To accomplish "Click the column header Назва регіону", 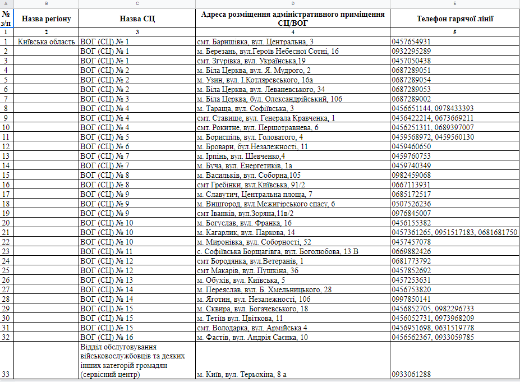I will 46,19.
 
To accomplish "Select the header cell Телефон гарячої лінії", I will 455,19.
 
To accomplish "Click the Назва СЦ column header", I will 137,19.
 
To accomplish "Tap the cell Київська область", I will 46,42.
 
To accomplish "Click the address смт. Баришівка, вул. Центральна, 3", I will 255,42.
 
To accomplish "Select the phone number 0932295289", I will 411,51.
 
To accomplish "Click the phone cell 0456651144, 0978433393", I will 432,108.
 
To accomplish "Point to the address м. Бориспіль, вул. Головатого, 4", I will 250,137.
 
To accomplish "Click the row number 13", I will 6,156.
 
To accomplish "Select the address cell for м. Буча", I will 245,165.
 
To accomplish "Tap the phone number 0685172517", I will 411,194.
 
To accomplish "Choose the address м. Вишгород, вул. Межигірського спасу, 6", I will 266,204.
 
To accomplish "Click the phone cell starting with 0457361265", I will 454,232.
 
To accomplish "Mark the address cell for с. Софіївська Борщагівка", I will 278,251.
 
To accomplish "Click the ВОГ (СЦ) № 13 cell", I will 107,280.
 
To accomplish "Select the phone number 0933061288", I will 411,374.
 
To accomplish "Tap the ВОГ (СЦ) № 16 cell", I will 107,337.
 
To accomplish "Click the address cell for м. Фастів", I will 252,337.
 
